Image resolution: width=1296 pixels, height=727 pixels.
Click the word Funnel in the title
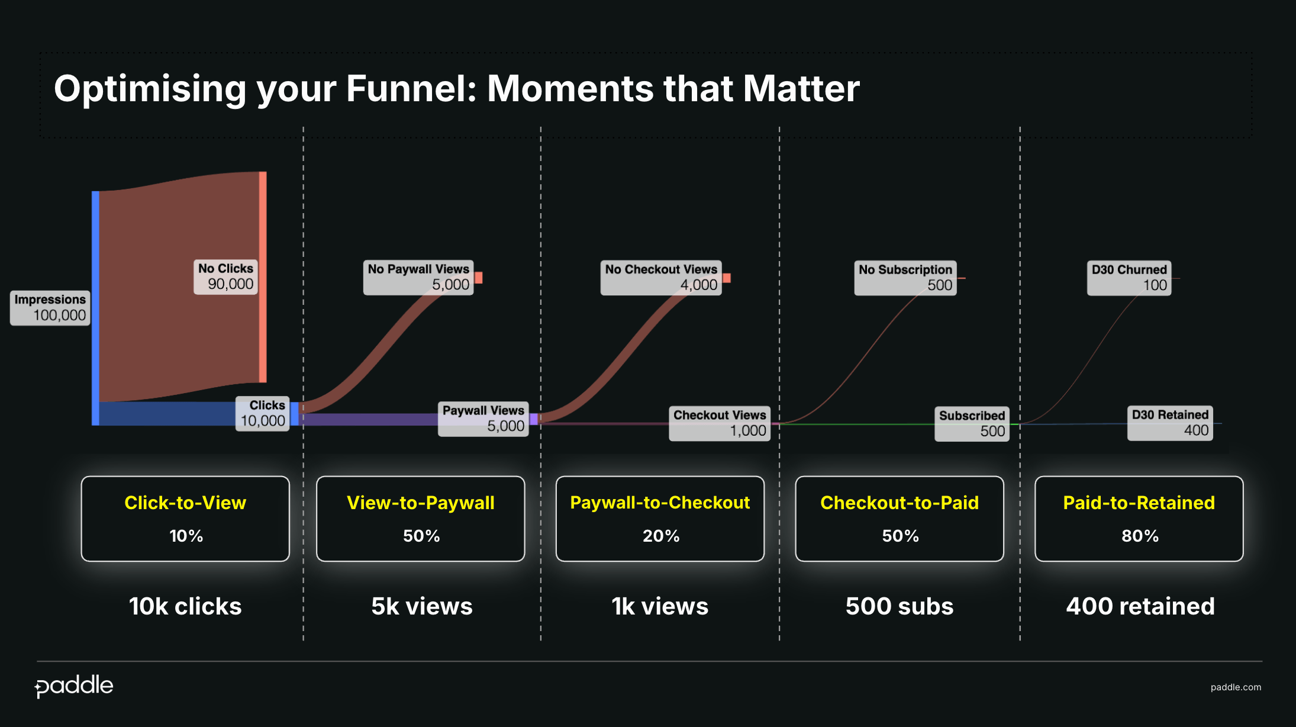[411, 89]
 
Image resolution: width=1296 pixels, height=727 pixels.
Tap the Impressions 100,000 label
[50, 308]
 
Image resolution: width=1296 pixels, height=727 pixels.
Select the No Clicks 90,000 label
[225, 276]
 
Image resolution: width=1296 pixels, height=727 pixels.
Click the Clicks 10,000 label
[263, 413]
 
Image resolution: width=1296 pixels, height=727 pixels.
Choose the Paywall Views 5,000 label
[483, 419]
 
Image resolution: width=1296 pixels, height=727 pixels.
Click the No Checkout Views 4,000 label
[661, 278]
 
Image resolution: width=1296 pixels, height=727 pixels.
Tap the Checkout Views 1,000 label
[720, 423]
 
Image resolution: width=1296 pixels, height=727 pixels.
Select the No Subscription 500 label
[905, 278]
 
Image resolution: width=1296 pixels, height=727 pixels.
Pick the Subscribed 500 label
[972, 423]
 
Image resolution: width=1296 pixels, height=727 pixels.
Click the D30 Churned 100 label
[1129, 278]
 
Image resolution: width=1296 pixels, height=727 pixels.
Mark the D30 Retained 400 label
[1170, 423]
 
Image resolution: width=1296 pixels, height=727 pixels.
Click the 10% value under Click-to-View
[186, 536]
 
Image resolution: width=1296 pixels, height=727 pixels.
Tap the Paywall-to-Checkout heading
[660, 503]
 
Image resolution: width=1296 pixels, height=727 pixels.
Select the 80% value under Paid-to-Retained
[1140, 536]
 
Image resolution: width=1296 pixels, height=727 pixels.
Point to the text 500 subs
[900, 606]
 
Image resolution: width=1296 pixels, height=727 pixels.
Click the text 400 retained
[1140, 606]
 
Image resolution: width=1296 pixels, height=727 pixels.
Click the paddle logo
[74, 686]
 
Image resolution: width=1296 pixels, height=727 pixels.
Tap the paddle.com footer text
[1236, 687]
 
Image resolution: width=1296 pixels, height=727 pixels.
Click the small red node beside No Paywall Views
[479, 278]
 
